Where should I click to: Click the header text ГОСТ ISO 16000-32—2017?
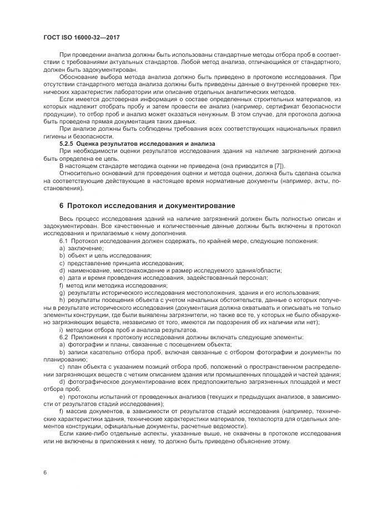click(82, 37)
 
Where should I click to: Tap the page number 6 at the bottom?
click(44, 473)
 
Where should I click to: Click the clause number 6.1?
click(64, 241)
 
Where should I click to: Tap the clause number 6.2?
click(64, 336)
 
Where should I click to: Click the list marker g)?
click(62, 292)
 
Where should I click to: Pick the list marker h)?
click(62, 299)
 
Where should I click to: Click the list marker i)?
click(61, 329)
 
